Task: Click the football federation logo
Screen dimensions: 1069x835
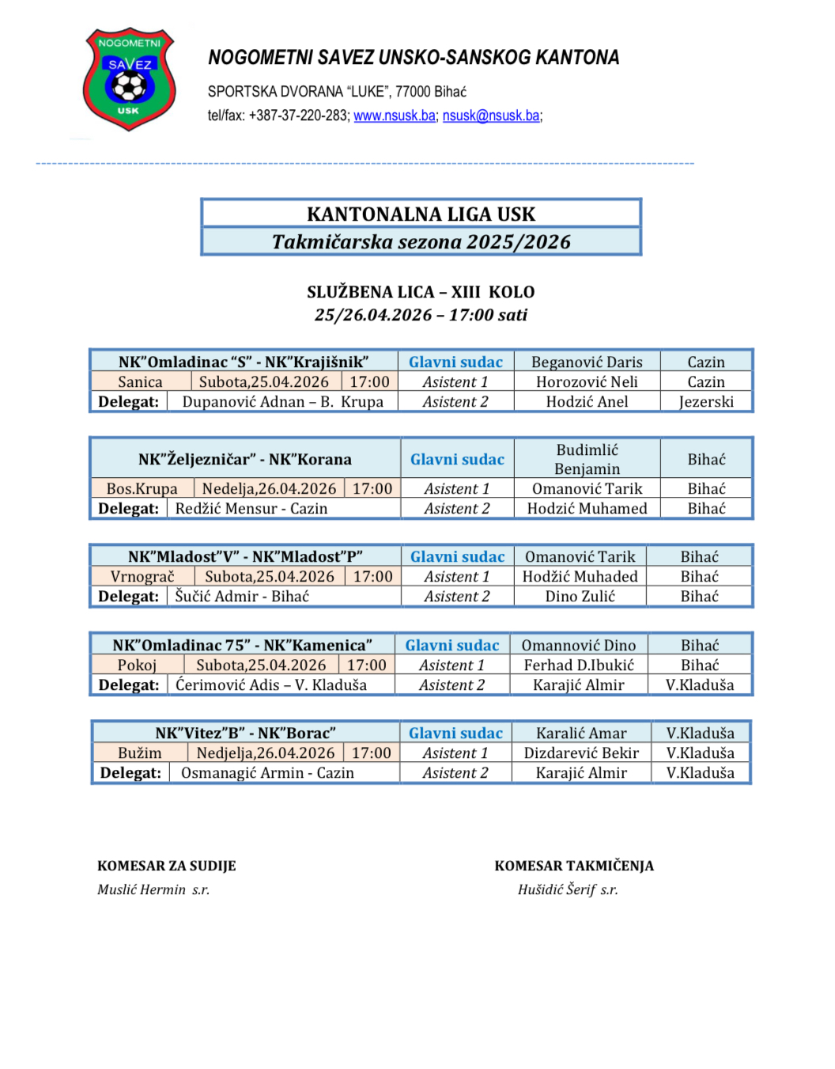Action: [x=129, y=79]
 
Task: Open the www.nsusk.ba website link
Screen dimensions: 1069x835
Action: [x=394, y=116]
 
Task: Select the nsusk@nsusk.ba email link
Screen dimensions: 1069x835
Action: [x=490, y=116]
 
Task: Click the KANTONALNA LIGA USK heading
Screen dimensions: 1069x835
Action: [x=421, y=214]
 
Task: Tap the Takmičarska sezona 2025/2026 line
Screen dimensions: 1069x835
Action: [x=421, y=241]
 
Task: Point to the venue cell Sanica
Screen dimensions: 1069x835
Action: [x=140, y=382]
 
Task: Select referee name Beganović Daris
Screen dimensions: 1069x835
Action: [x=587, y=362]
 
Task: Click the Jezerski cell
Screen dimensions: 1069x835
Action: [x=706, y=402]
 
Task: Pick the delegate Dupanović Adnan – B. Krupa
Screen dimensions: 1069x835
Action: [x=282, y=402]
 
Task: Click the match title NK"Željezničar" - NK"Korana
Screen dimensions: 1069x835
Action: [x=244, y=460]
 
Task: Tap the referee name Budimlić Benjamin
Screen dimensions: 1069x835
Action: [x=587, y=459]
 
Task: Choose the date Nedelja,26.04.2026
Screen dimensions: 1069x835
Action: [x=269, y=489]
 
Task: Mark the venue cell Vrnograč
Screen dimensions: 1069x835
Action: [x=142, y=577]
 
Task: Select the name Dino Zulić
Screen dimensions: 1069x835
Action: [x=580, y=597]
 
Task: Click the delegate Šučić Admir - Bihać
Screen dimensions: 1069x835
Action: [x=242, y=597]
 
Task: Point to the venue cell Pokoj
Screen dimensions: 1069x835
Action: [x=137, y=665]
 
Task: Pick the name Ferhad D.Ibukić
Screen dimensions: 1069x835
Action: [x=579, y=665]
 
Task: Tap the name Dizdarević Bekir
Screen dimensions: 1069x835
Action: [x=581, y=753]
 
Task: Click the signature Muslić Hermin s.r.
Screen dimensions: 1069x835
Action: [x=153, y=889]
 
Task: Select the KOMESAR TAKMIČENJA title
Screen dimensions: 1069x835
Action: [x=574, y=866]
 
